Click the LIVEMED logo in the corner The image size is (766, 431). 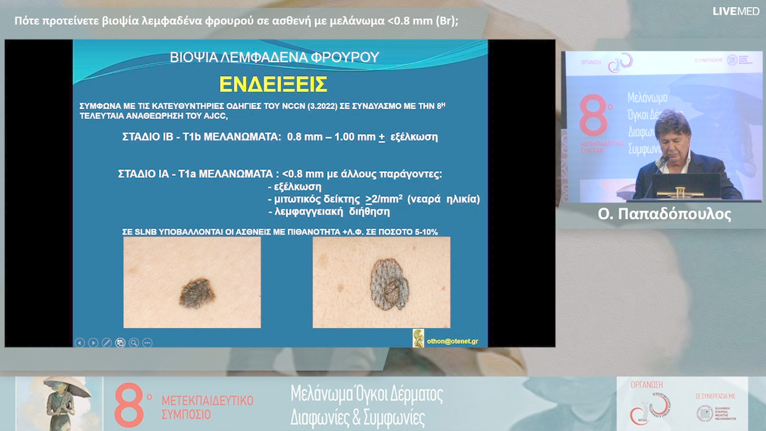tap(736, 11)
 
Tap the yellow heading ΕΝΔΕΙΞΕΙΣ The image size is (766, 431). tap(273, 84)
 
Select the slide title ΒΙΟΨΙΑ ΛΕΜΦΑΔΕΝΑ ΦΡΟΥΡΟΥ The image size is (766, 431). tap(274, 57)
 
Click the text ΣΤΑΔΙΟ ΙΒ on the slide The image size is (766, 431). tap(148, 138)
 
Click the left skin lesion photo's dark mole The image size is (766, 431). tap(197, 291)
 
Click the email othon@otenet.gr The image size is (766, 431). tap(451, 341)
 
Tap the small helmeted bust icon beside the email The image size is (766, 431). tap(418, 338)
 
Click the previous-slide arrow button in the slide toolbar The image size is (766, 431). tap(79, 342)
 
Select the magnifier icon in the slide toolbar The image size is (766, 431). tap(134, 342)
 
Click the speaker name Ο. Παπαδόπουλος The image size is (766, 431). tap(664, 214)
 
